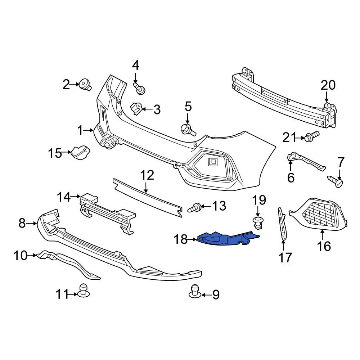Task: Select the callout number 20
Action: coord(328,85)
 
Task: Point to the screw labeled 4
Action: coord(139,89)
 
